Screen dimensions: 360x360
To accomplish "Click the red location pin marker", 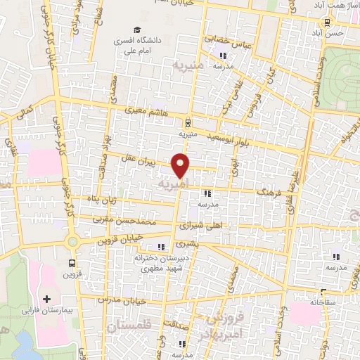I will [x=181, y=165].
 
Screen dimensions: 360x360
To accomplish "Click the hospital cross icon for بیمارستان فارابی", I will [x=46, y=299].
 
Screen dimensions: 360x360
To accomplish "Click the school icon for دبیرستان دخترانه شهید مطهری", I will [x=162, y=247].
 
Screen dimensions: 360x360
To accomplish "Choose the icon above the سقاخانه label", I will [x=323, y=291].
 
